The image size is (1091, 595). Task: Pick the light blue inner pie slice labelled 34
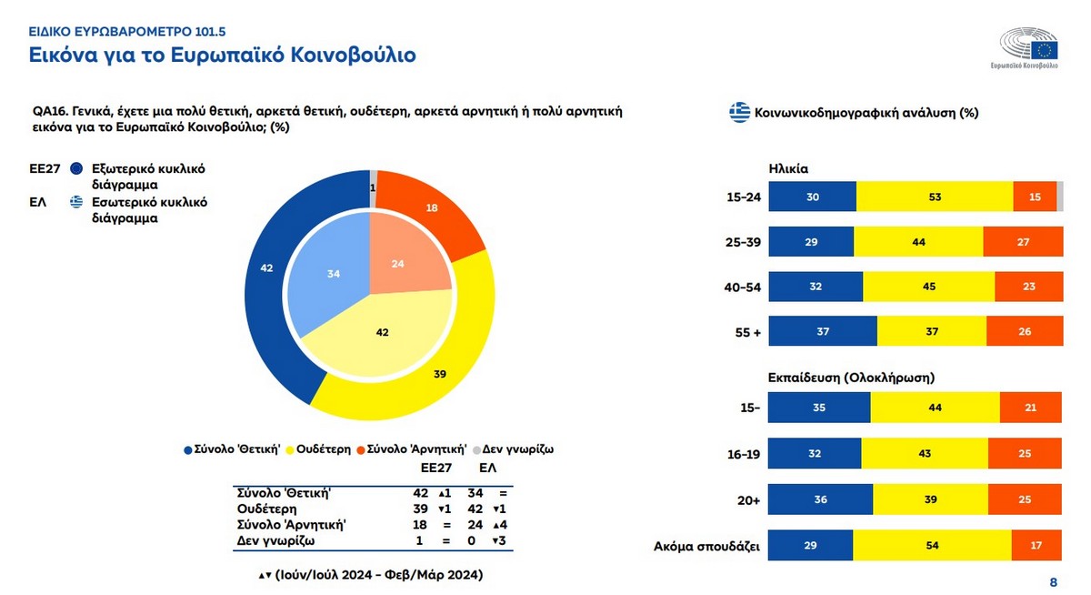tap(331, 273)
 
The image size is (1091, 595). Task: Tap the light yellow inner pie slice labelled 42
tap(383, 332)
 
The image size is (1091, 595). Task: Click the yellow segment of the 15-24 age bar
tap(935, 197)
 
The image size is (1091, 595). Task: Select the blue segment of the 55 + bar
tap(823, 331)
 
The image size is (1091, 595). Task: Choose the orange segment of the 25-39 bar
tap(1023, 241)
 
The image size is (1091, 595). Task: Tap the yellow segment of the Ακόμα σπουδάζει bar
tap(932, 546)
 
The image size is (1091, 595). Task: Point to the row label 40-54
tap(743, 287)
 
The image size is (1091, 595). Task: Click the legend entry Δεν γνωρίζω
tap(515, 449)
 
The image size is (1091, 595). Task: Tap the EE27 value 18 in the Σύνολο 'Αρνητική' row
tap(420, 525)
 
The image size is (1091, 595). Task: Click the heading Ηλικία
tap(788, 168)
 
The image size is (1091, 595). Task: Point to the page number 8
tap(1054, 582)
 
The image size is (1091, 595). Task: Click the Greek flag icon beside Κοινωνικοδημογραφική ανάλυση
tap(738, 114)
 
